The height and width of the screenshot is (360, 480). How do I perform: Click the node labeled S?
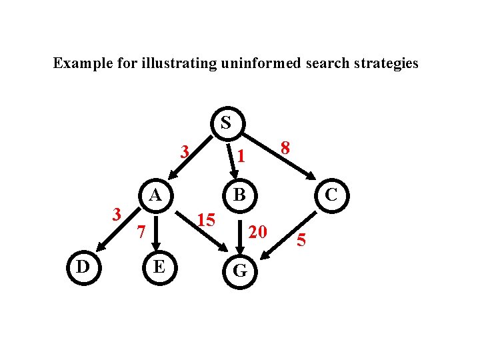point(227,123)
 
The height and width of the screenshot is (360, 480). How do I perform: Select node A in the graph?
point(155,196)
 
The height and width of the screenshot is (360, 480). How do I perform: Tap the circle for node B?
point(240,196)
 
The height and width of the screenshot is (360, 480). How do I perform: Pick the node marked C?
point(329,196)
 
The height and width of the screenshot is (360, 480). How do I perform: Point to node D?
point(83,267)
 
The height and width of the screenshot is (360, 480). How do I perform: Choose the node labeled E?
point(159,267)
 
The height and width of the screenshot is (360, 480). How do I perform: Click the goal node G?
point(240,270)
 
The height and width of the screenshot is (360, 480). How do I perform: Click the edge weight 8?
point(285,149)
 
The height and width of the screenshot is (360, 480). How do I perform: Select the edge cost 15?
point(206,219)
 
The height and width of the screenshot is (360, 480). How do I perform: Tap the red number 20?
point(257,231)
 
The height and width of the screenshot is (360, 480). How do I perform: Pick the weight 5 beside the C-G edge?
point(301,240)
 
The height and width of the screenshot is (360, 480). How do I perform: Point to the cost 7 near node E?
point(140,232)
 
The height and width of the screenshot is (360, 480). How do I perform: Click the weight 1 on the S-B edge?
point(243,157)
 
